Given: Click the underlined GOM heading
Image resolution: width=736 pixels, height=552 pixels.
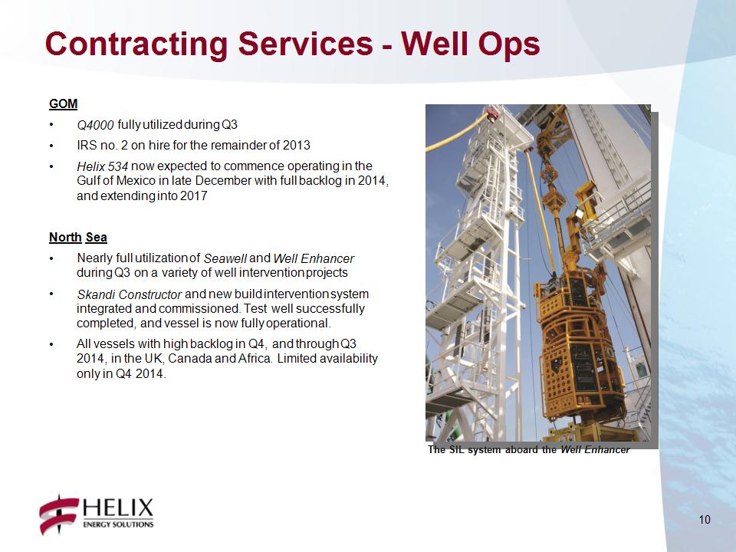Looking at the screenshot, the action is pyautogui.click(x=64, y=103).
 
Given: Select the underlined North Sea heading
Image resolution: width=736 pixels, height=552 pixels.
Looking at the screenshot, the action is pyautogui.click(x=78, y=237).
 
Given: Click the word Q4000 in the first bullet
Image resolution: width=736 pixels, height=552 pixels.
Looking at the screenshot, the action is pyautogui.click(x=95, y=125).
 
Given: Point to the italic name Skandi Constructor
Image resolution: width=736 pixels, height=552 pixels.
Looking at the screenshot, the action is pyautogui.click(x=129, y=294).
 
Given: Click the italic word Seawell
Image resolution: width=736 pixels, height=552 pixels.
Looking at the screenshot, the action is pyautogui.click(x=225, y=258).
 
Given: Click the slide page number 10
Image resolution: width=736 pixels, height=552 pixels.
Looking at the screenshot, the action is pyautogui.click(x=705, y=520).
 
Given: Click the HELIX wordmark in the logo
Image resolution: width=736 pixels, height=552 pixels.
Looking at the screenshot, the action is pyautogui.click(x=118, y=508).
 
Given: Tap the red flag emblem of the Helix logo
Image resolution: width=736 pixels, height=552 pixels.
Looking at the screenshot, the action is pyautogui.click(x=59, y=514).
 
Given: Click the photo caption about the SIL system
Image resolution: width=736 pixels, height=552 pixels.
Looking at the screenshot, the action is pyautogui.click(x=528, y=450).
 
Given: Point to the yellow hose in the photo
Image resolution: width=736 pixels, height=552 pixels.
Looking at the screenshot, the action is pyautogui.click(x=460, y=133).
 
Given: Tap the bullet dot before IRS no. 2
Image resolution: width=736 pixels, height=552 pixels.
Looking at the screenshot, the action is pyautogui.click(x=51, y=146).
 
